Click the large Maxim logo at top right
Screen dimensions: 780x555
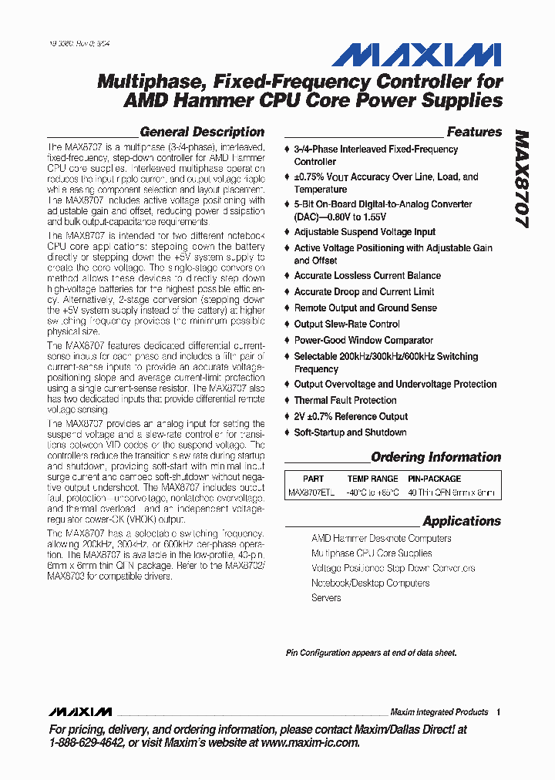pyautogui.click(x=416, y=55)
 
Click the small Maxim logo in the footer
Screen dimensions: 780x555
pyautogui.click(x=79, y=711)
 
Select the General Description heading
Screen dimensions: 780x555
pyautogui.click(x=202, y=132)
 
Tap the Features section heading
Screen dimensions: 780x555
pyautogui.click(x=474, y=132)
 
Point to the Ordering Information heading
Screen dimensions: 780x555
pyautogui.click(x=436, y=457)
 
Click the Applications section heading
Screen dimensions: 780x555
pyautogui.click(x=462, y=521)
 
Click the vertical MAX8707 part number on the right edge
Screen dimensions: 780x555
pyautogui.click(x=522, y=177)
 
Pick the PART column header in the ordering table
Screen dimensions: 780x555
pyautogui.click(x=313, y=479)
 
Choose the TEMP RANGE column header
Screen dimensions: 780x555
pyautogui.click(x=372, y=479)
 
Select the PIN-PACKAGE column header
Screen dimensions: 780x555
pyautogui.click(x=434, y=479)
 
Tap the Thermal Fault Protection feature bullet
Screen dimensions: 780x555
pyautogui.click(x=345, y=401)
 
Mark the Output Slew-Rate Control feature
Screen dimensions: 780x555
pyautogui.click(x=347, y=324)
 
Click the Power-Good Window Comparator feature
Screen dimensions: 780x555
pyautogui.click(x=363, y=340)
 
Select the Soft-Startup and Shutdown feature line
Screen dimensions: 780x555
pyautogui.click(x=350, y=432)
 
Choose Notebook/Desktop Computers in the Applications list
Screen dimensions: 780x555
pyautogui.click(x=370, y=583)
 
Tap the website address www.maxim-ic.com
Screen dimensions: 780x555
pyautogui.click(x=310, y=742)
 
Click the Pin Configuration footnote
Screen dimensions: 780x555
pyautogui.click(x=371, y=653)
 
